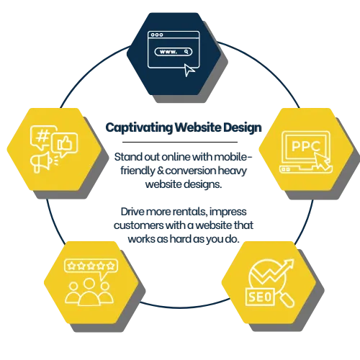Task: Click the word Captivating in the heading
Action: coord(139,127)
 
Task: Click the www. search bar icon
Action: coord(174,52)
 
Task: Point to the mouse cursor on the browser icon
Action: coord(189,70)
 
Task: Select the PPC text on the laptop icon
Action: coord(305,146)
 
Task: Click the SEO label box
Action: coord(260,297)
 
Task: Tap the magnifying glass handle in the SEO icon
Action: coord(287,300)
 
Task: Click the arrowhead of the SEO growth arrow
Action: coord(289,264)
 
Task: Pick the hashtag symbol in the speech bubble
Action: coord(42,137)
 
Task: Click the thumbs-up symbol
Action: coord(64,143)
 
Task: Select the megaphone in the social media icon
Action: coord(41,162)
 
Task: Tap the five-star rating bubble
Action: coord(91,266)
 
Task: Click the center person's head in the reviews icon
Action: coord(89,283)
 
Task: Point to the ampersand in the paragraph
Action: coord(160,171)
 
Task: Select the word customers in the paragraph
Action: coord(138,225)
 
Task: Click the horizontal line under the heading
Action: coord(180,142)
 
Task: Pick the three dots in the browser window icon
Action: coord(157,35)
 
